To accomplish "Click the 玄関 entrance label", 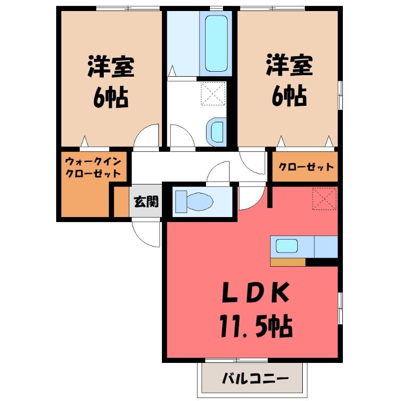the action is tap(146, 202).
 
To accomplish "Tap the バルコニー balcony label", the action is tap(255, 378).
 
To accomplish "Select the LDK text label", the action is tap(256, 292).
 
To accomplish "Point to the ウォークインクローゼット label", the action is tap(93, 167).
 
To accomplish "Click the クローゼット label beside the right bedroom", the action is tap(306, 167).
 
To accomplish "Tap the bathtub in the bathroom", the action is tap(216, 44).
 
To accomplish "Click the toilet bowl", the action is tap(200, 202).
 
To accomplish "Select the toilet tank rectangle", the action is tap(181, 202).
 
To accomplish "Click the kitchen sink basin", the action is tap(287, 246).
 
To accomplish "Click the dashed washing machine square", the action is tap(214, 94).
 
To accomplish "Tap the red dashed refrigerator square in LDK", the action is tap(324, 198).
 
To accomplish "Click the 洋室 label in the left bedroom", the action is tap(111, 67).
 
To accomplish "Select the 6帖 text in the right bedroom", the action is tap(289, 95).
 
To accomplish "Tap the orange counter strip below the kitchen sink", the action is tap(288, 262).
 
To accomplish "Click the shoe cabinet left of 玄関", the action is tap(121, 202).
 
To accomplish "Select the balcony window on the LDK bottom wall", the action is tap(236, 360).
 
